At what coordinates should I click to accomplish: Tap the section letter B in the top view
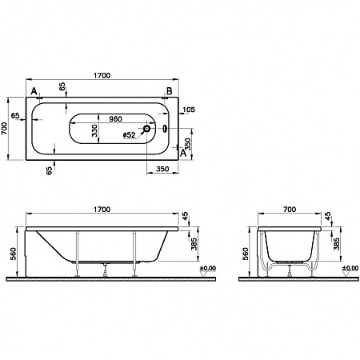click(x=168, y=91)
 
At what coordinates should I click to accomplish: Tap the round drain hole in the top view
click(x=147, y=127)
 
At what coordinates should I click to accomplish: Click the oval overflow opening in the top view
click(x=164, y=127)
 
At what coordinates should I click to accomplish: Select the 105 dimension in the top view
click(x=188, y=110)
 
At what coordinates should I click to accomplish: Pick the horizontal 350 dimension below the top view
click(x=162, y=170)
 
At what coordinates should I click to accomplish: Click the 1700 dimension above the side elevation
click(x=101, y=209)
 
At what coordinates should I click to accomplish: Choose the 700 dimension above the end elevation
click(x=289, y=209)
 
